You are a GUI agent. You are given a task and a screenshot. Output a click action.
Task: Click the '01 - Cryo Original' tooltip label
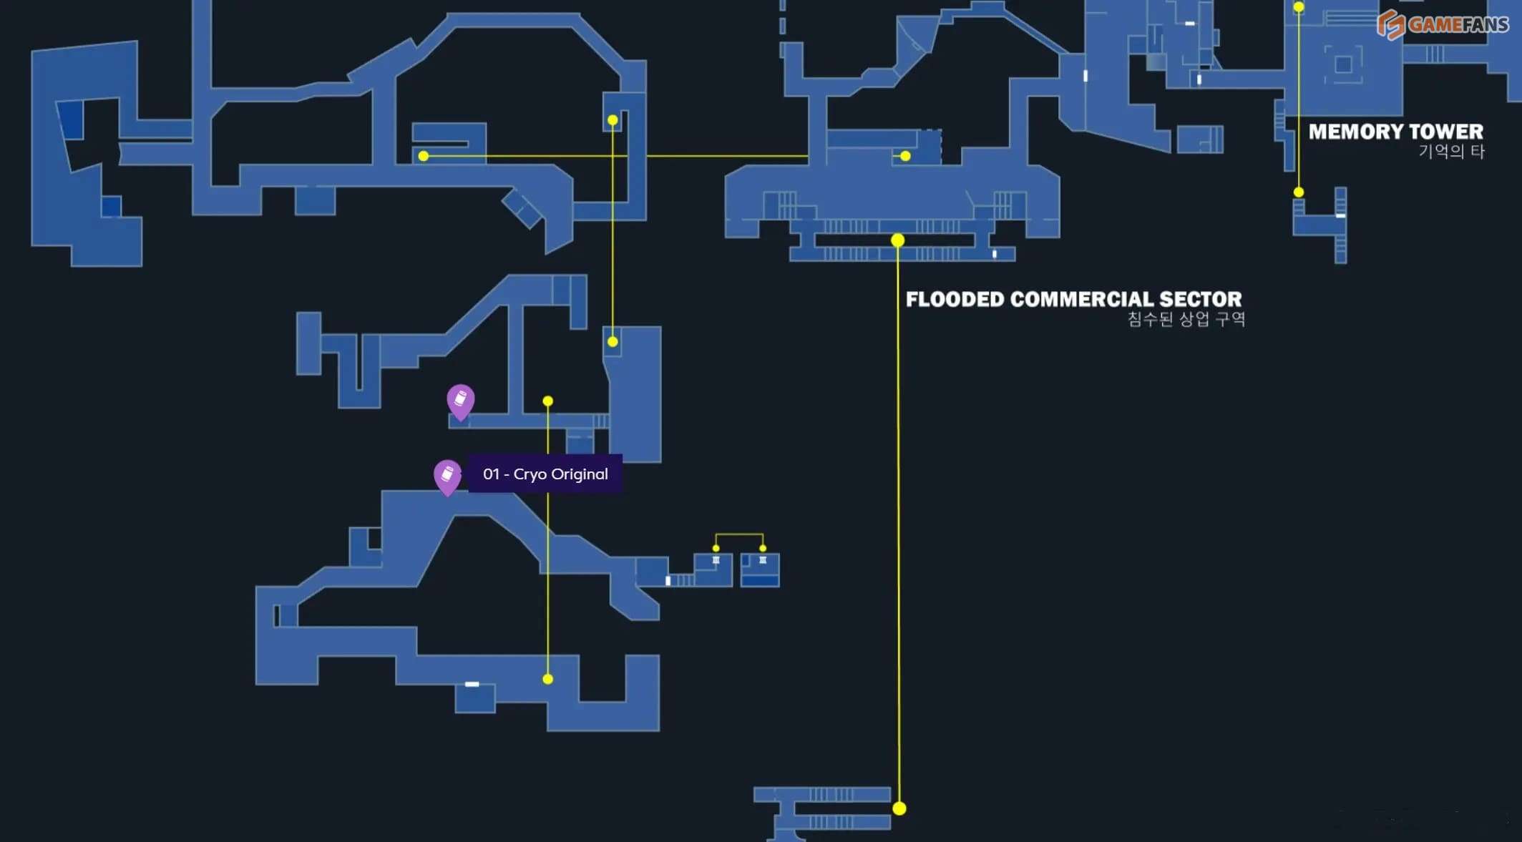[545, 474]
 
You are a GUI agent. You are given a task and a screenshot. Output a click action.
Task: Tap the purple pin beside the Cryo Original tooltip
[447, 476]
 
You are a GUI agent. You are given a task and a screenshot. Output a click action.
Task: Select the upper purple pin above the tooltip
[461, 401]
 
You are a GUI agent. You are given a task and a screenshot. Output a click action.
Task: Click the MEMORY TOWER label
[1395, 132]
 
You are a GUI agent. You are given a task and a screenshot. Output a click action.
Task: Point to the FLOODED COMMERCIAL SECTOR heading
[1073, 299]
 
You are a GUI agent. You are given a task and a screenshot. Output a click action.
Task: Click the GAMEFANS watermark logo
[1442, 25]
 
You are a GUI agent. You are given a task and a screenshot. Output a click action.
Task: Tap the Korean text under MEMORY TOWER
[1451, 152]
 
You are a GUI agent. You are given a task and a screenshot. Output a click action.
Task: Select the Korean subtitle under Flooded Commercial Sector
[1186, 319]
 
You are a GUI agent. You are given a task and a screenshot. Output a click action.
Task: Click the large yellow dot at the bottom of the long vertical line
[899, 808]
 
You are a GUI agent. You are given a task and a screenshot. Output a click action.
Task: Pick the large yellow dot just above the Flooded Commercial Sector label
[898, 240]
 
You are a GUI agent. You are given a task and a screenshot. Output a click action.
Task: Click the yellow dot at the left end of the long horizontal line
[424, 156]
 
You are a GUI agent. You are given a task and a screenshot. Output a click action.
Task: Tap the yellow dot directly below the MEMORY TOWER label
[1299, 192]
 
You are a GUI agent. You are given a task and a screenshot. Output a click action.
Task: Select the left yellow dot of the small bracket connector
[716, 549]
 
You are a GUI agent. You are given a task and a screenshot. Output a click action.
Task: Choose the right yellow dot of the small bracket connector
[763, 549]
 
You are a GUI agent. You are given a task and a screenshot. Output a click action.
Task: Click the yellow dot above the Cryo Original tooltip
[548, 401]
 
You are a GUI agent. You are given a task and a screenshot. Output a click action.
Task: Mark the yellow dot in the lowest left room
[548, 679]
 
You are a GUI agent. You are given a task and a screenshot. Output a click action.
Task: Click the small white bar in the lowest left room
[472, 685]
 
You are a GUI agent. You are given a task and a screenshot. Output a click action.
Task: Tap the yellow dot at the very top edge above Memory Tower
[1299, 7]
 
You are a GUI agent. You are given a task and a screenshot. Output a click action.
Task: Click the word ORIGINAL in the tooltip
[580, 474]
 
